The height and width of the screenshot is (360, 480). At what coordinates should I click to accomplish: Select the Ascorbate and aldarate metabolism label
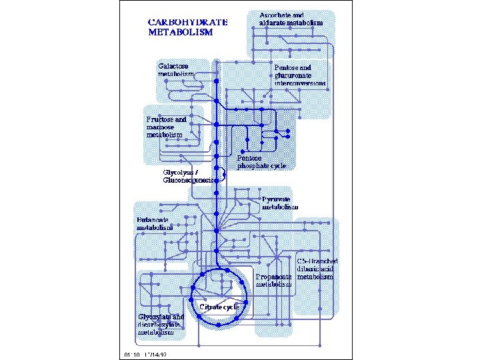pos(291,19)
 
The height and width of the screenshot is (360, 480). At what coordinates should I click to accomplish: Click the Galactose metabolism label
pos(176,69)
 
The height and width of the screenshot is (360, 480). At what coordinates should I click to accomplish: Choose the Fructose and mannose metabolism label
pos(166,127)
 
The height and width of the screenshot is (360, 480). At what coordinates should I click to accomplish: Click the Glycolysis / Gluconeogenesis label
pos(190,176)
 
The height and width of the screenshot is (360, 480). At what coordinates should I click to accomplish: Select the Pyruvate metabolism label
pos(278,203)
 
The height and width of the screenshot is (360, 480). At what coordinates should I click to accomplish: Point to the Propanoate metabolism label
pos(274,279)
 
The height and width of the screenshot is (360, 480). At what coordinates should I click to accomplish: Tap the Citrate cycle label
pos(219,307)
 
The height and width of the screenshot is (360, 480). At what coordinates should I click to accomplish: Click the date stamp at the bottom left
pos(145,355)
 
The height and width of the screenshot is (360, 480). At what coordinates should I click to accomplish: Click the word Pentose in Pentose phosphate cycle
pos(250,158)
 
